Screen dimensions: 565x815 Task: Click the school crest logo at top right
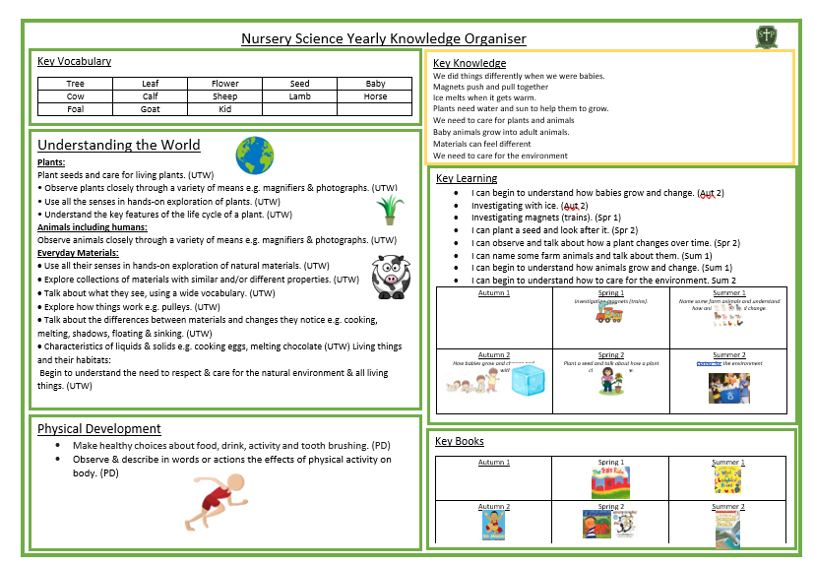766,36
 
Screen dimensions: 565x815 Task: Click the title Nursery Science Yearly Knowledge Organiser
384,38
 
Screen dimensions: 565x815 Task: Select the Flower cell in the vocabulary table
224,84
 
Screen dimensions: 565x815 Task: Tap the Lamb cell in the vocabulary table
300,96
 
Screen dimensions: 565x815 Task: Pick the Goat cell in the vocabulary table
150,109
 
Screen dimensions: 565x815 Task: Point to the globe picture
254,156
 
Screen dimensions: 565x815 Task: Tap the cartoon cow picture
390,276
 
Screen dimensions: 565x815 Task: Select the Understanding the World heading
118,145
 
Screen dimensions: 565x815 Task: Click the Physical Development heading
98,428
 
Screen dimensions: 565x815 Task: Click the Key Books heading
460,441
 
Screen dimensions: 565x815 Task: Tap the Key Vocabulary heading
74,61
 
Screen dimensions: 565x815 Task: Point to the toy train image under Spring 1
610,313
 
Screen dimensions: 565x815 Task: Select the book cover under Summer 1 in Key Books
727,480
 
